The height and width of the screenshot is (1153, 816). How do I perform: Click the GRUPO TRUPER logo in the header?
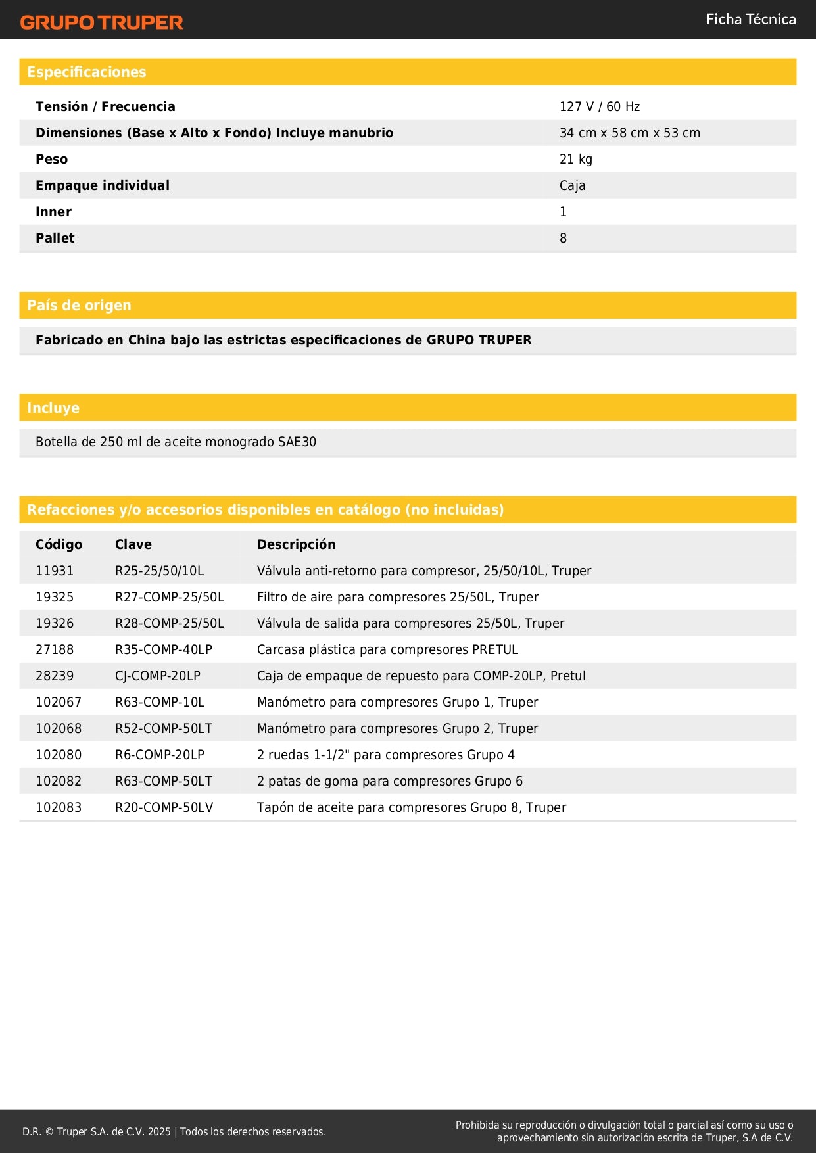point(101,22)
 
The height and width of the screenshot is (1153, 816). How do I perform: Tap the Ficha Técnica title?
point(750,19)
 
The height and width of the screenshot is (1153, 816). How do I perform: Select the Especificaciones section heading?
point(87,72)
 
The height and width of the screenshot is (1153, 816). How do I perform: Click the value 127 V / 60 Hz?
point(599,106)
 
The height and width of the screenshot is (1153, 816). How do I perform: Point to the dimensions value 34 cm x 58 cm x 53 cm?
point(629,133)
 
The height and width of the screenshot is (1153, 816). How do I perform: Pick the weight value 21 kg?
point(575,159)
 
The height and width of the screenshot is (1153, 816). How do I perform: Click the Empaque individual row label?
point(103,185)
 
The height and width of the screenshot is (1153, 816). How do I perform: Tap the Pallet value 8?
point(563,238)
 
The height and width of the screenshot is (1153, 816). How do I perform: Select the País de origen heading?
point(79,306)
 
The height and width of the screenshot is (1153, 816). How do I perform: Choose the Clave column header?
point(133,544)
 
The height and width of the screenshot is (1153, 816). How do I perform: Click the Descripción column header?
point(296,544)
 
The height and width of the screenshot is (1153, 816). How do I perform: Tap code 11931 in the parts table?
point(55,571)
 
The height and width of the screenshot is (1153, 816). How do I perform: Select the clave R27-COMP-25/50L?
point(170,597)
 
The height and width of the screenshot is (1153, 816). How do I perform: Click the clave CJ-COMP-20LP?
point(158,676)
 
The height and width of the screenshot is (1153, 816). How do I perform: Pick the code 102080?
point(59,755)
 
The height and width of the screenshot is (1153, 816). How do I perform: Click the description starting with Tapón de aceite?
point(411,807)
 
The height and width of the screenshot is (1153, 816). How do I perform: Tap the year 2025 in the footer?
point(159,1131)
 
